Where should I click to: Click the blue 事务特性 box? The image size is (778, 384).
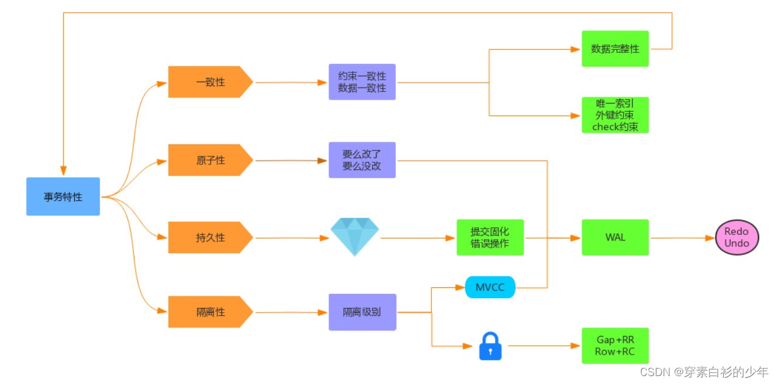pos(63,197)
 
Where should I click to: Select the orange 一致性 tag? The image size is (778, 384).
pos(210,82)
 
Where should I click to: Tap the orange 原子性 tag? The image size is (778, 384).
pos(210,160)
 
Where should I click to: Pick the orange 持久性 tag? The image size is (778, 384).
pos(210,237)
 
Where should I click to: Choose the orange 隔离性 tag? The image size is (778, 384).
pos(210,312)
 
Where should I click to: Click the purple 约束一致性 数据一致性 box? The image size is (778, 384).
pos(362,82)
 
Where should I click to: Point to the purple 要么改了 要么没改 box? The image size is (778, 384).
pos(362,160)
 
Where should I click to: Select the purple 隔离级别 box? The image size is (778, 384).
pos(362,312)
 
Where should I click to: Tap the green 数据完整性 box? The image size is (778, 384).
pos(615,49)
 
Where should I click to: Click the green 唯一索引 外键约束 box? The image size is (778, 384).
pos(615,115)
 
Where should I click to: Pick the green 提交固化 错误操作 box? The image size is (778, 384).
pos(490,237)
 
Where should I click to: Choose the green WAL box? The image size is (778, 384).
pos(615,237)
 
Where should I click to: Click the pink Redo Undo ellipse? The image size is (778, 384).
pos(737,237)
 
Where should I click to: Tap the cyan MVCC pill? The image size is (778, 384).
pos(490,287)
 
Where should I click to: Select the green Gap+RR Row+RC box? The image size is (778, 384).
pos(615,346)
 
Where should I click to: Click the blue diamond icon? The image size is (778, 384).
pos(355,237)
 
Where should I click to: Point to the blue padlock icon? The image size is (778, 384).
pos(490,346)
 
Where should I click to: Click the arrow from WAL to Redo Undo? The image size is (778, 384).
pos(681,238)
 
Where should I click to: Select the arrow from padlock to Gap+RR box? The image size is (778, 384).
pos(541,346)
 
